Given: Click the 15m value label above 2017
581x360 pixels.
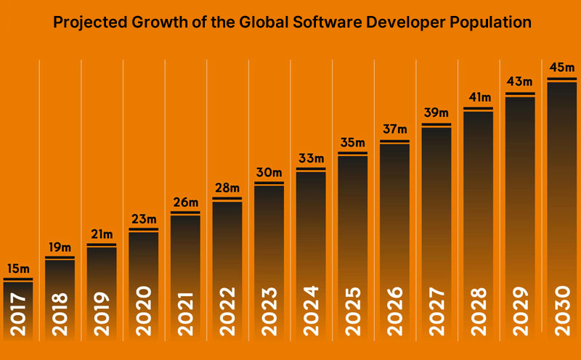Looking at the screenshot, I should (x=17, y=270).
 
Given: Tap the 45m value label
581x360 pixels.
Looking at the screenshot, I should (x=561, y=68).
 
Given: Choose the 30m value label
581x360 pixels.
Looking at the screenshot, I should (x=269, y=173).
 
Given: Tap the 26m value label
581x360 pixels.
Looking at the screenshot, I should (x=185, y=202).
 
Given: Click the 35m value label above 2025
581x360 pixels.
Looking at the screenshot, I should (x=352, y=142).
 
